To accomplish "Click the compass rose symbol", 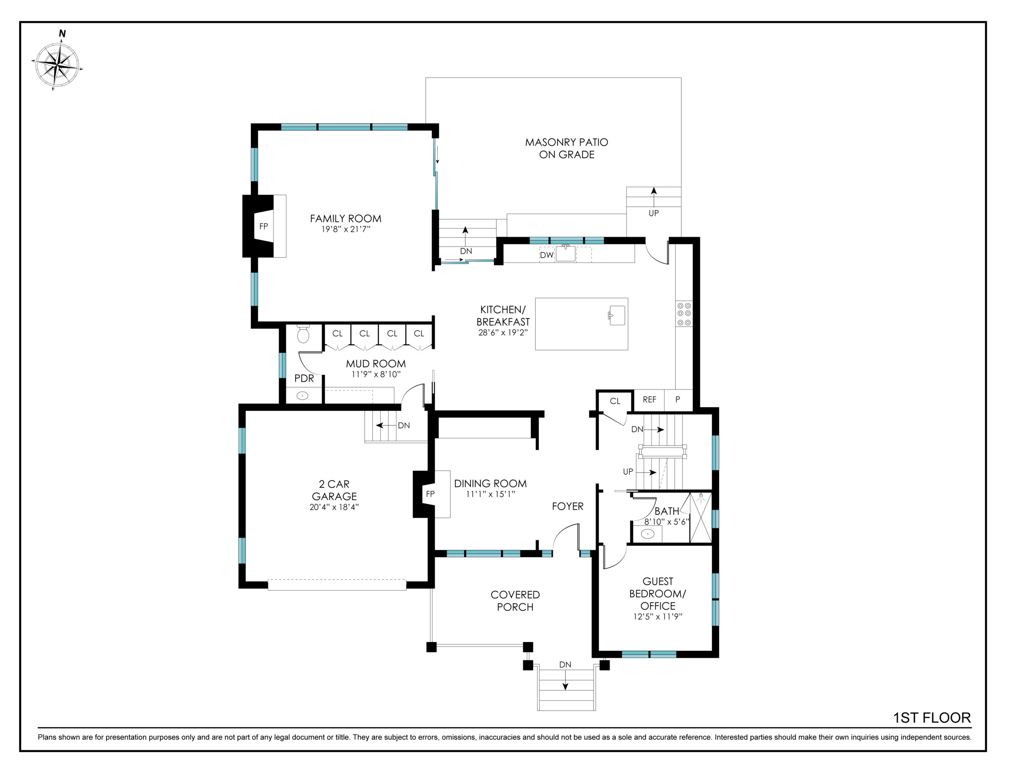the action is (x=57, y=65).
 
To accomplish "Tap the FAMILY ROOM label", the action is (x=346, y=219).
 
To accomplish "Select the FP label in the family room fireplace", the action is (x=263, y=226).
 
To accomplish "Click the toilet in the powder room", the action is (x=303, y=333).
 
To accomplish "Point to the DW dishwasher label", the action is (x=547, y=255).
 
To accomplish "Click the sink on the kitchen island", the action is (x=617, y=316).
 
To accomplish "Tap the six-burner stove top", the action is (x=684, y=314).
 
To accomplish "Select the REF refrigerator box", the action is (x=649, y=400).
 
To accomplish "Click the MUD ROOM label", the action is (x=376, y=364).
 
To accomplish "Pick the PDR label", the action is (x=304, y=378).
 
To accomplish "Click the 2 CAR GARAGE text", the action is (x=334, y=490).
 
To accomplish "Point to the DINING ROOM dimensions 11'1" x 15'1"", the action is (x=490, y=494).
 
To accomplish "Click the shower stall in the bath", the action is (x=701, y=517).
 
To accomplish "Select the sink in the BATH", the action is (x=648, y=534).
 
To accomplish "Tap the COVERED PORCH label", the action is (x=515, y=601).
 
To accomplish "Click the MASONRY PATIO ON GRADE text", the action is (x=566, y=148).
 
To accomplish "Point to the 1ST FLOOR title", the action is (x=932, y=718).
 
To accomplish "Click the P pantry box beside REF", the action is (x=678, y=400).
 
